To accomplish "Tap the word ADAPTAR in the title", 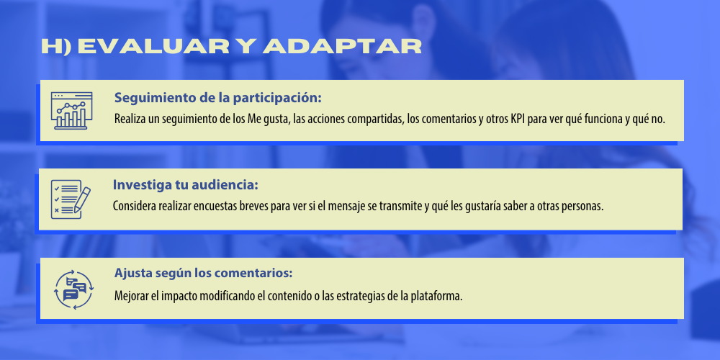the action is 342,47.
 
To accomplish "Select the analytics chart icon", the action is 71,110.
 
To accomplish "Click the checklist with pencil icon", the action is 71,199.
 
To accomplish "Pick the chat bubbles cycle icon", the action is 73,289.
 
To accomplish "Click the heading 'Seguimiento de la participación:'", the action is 217,98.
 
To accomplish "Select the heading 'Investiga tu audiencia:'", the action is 186,185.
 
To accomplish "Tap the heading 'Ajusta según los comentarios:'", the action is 204,274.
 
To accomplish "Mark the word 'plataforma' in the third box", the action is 438,295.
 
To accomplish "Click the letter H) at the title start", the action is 56,47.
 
